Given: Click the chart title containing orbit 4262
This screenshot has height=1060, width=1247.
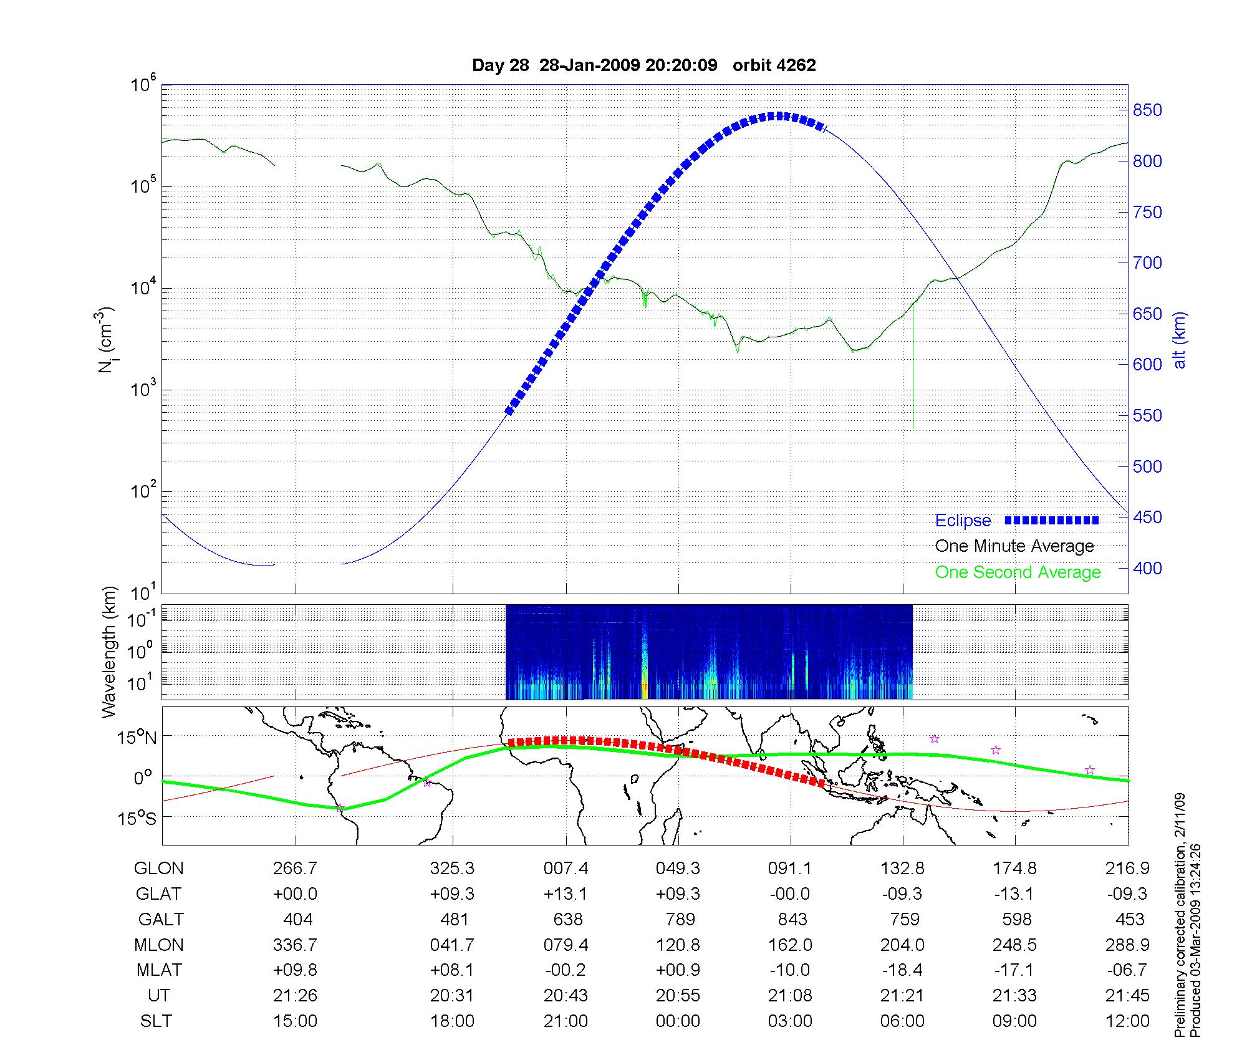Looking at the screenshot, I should (643, 65).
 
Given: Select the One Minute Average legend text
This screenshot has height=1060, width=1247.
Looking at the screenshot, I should (1014, 546).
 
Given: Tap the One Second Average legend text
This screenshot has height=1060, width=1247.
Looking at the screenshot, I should (1018, 572).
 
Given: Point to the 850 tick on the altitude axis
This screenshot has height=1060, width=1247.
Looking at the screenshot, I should (1147, 110).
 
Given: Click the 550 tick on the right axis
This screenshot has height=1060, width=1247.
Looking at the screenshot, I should (1147, 416).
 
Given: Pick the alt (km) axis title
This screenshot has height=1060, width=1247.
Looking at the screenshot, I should (1179, 340).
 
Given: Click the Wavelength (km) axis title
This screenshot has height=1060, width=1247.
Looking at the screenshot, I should (110, 652).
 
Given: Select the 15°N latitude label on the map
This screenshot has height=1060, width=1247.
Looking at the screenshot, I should (137, 738).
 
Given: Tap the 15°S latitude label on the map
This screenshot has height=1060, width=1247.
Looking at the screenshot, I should (137, 818).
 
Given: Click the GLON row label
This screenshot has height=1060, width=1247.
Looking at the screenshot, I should (159, 869).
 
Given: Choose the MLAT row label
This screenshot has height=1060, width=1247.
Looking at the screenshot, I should (159, 970).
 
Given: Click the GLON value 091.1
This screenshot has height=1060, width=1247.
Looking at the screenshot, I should (790, 869).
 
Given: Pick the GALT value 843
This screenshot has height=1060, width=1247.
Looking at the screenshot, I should (792, 920).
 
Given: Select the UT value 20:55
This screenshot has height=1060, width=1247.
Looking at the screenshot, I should (678, 996).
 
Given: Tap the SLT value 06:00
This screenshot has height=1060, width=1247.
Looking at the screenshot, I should (902, 1021).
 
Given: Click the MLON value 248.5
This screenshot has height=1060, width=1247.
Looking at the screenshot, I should (1014, 945).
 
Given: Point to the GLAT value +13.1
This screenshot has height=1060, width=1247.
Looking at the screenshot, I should (566, 894).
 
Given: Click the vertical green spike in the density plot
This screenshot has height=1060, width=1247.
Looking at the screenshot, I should (913, 374).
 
